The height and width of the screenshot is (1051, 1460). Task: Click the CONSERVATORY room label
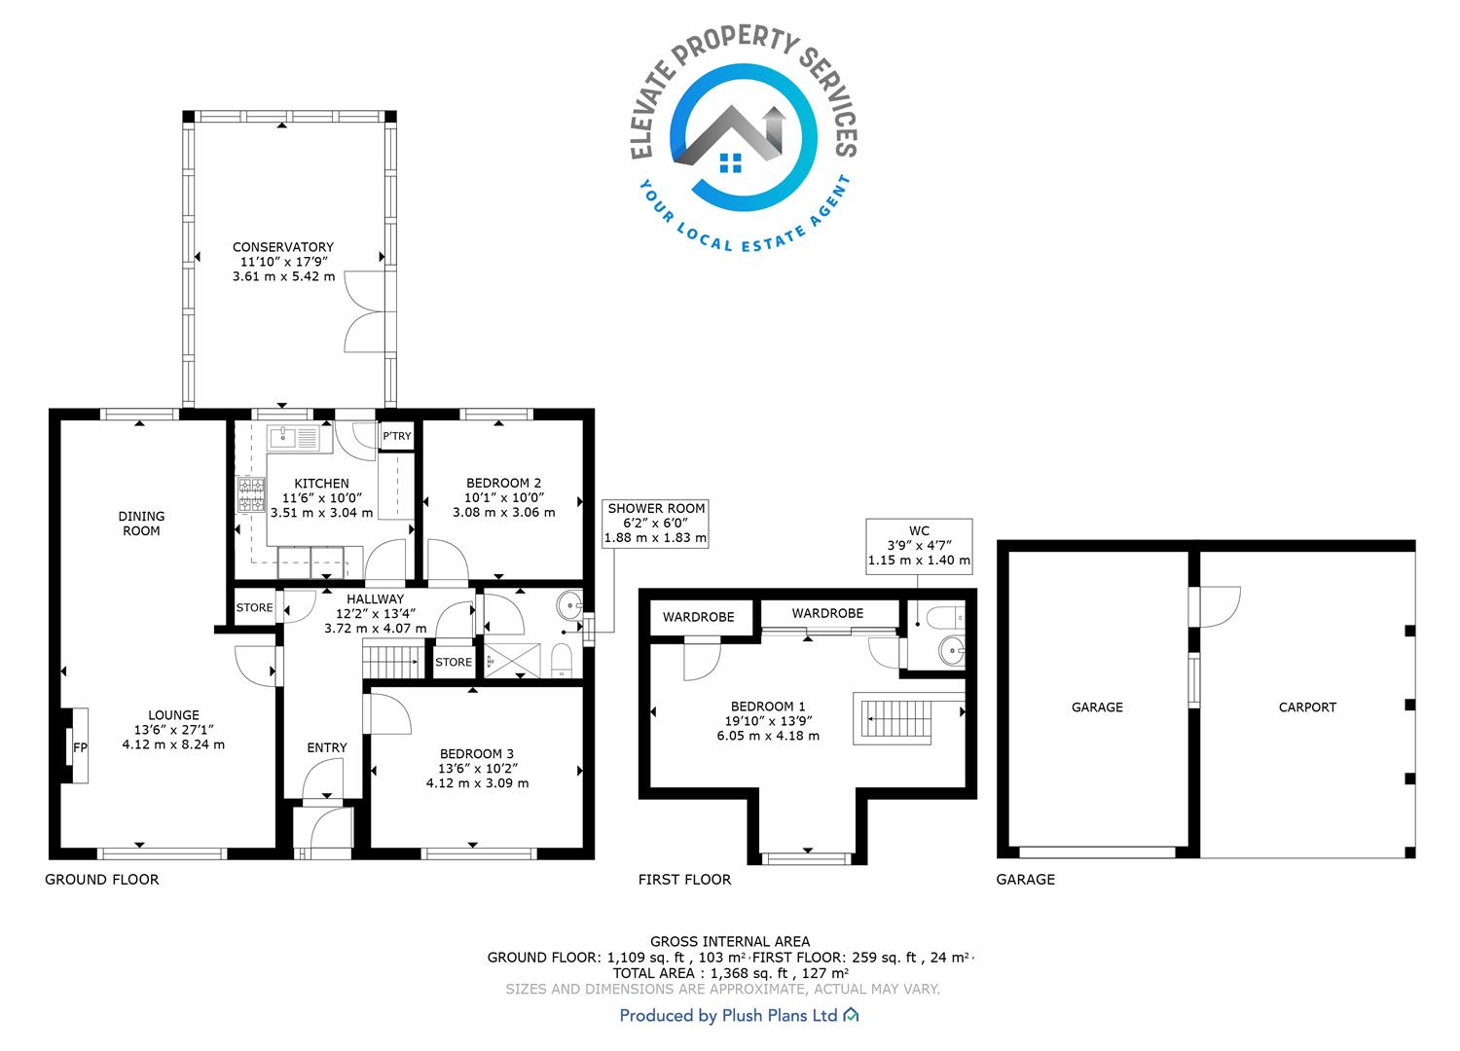click(283, 247)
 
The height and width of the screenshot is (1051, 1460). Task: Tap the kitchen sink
click(293, 437)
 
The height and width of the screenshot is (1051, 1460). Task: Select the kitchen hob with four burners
click(251, 494)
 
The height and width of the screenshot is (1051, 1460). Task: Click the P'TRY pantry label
click(396, 436)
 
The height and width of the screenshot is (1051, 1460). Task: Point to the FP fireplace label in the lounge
click(80, 747)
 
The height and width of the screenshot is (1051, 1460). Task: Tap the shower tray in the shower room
click(512, 661)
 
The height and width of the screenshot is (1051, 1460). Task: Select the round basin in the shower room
click(569, 606)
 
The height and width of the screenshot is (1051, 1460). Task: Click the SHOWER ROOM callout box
click(655, 524)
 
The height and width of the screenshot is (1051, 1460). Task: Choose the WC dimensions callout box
click(919, 546)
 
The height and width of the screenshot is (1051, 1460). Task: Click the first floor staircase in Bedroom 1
click(897, 719)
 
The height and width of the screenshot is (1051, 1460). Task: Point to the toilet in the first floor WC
click(945, 616)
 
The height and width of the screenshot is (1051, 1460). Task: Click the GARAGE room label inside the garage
click(1097, 707)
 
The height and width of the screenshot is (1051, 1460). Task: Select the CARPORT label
click(1307, 707)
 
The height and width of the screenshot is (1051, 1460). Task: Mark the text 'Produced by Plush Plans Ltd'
click(728, 1015)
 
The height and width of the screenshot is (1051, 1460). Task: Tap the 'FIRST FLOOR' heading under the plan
click(684, 880)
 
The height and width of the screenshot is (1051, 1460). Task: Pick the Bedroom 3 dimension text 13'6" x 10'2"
click(479, 768)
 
